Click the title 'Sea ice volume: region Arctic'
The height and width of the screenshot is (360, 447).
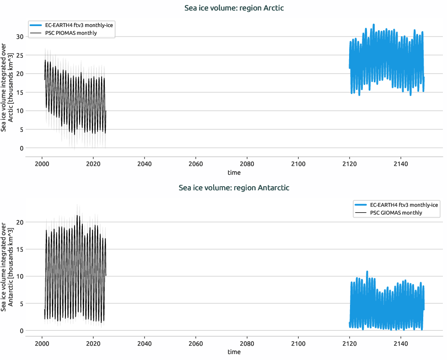click(x=234, y=8)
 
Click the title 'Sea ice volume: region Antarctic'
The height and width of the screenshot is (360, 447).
click(x=234, y=188)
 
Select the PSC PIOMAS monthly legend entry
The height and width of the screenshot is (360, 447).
click(x=70, y=33)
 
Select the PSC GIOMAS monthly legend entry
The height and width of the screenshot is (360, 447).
click(x=396, y=213)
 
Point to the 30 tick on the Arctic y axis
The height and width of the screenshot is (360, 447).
click(x=19, y=37)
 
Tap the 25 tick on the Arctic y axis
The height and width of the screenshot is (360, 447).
click(x=19, y=55)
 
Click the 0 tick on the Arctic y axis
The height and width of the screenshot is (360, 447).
click(x=21, y=148)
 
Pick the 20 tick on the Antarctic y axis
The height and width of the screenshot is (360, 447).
click(x=19, y=222)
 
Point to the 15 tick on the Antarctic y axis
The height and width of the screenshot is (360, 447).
click(x=19, y=249)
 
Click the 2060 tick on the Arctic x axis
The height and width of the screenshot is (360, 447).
click(x=196, y=164)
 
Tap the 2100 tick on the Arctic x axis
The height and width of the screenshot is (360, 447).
click(x=298, y=164)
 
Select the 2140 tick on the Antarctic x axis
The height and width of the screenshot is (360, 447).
click(x=401, y=344)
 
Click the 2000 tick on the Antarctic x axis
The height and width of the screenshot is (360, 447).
click(x=42, y=344)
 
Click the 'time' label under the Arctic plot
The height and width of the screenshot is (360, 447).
click(x=234, y=173)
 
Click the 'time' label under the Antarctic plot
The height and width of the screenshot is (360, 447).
click(x=234, y=352)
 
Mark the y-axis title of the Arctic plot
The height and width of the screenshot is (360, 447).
click(x=7, y=87)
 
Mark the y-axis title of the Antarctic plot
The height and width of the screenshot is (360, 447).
click(x=7, y=267)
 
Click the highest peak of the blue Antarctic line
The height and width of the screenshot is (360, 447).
click(x=367, y=271)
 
